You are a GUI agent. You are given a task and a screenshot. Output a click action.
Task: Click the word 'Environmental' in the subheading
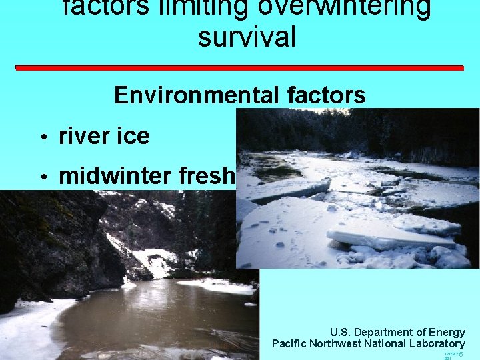pyautogui.click(x=197, y=95)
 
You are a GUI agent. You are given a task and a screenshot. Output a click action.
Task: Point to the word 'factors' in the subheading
pyautogui.click(x=326, y=95)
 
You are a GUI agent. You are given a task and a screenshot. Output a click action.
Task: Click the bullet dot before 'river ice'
pyautogui.click(x=43, y=138)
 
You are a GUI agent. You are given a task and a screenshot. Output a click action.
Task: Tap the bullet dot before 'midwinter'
pyautogui.click(x=43, y=177)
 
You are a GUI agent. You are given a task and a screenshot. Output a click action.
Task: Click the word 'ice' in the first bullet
pyautogui.click(x=133, y=137)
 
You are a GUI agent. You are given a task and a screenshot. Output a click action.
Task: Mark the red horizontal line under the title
pyautogui.click(x=230, y=67)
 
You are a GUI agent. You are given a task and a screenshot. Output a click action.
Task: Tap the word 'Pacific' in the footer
pyautogui.click(x=289, y=344)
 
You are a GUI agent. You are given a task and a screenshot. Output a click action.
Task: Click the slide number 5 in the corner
pyautogui.click(x=461, y=354)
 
